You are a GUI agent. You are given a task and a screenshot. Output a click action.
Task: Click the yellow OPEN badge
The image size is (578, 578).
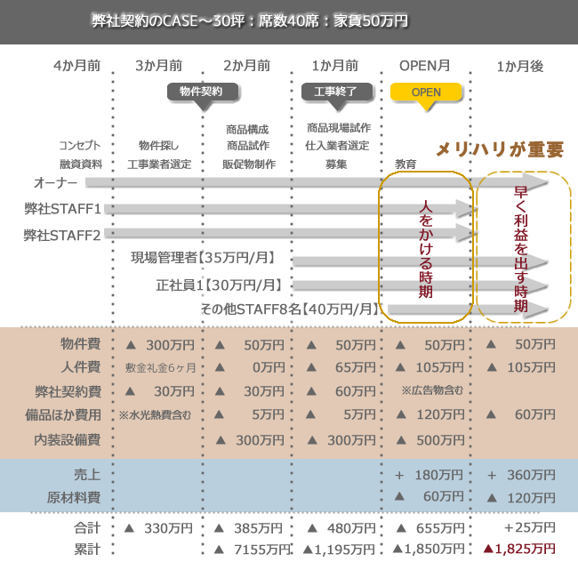(x=427, y=92)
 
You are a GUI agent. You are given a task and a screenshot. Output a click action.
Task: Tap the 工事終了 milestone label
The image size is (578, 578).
(x=336, y=92)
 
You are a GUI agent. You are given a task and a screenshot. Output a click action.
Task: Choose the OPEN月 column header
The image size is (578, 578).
(x=425, y=66)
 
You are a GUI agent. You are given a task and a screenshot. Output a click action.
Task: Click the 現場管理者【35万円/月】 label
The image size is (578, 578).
(x=203, y=259)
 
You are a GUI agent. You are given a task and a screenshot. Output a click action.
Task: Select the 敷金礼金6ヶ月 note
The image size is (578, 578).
(x=161, y=367)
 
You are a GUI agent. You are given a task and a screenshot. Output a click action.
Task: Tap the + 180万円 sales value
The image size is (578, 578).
(x=429, y=475)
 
